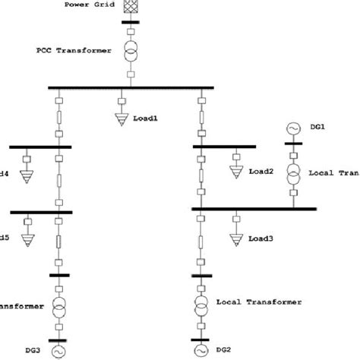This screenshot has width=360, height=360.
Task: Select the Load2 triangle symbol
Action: [x=234, y=172]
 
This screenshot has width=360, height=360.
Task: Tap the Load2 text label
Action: [x=262, y=172]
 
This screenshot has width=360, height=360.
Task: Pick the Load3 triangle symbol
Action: [x=235, y=239]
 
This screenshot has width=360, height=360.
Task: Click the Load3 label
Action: [x=261, y=240]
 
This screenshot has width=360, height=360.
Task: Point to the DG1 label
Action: [x=318, y=127]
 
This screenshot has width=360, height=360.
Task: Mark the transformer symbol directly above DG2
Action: [x=201, y=307]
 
